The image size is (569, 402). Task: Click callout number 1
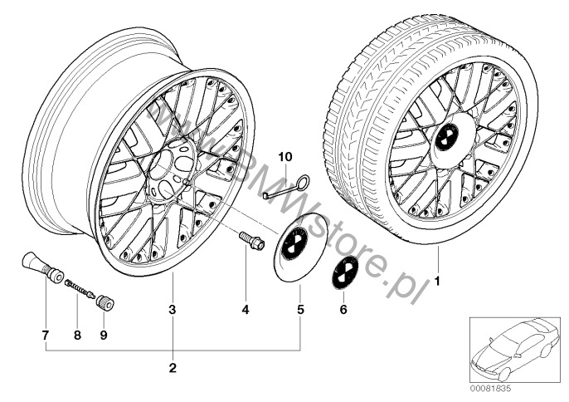[438, 281]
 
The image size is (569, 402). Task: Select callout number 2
[172, 367]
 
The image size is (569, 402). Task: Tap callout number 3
[172, 310]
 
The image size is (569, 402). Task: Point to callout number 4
[246, 310]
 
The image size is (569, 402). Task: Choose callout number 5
[300, 310]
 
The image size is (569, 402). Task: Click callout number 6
[345, 310]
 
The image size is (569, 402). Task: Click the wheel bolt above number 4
[251, 241]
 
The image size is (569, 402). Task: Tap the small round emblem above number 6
[344, 273]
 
